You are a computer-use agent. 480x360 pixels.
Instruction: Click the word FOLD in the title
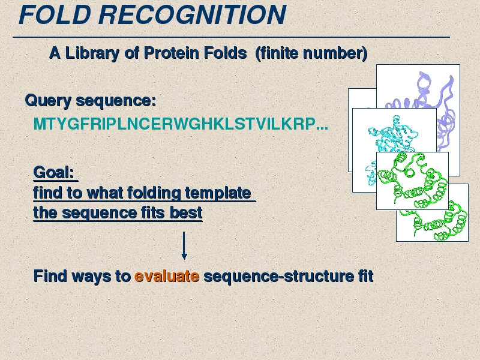55,14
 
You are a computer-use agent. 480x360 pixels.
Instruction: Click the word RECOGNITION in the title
192,14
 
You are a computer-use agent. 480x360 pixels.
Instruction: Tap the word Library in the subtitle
92,53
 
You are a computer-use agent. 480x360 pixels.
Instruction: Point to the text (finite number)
311,53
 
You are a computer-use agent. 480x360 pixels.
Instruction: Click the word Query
48,101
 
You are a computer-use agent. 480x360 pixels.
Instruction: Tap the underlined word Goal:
54,172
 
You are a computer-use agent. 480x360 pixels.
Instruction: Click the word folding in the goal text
154,193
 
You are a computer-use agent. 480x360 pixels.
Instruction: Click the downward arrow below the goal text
184,245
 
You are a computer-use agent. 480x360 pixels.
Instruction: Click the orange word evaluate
167,276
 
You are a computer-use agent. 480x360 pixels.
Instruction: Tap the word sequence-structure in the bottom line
278,276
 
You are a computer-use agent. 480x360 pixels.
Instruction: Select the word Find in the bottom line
50,276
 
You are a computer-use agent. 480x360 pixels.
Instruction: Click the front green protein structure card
412,181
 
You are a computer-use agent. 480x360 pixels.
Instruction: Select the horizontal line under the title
231,37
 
